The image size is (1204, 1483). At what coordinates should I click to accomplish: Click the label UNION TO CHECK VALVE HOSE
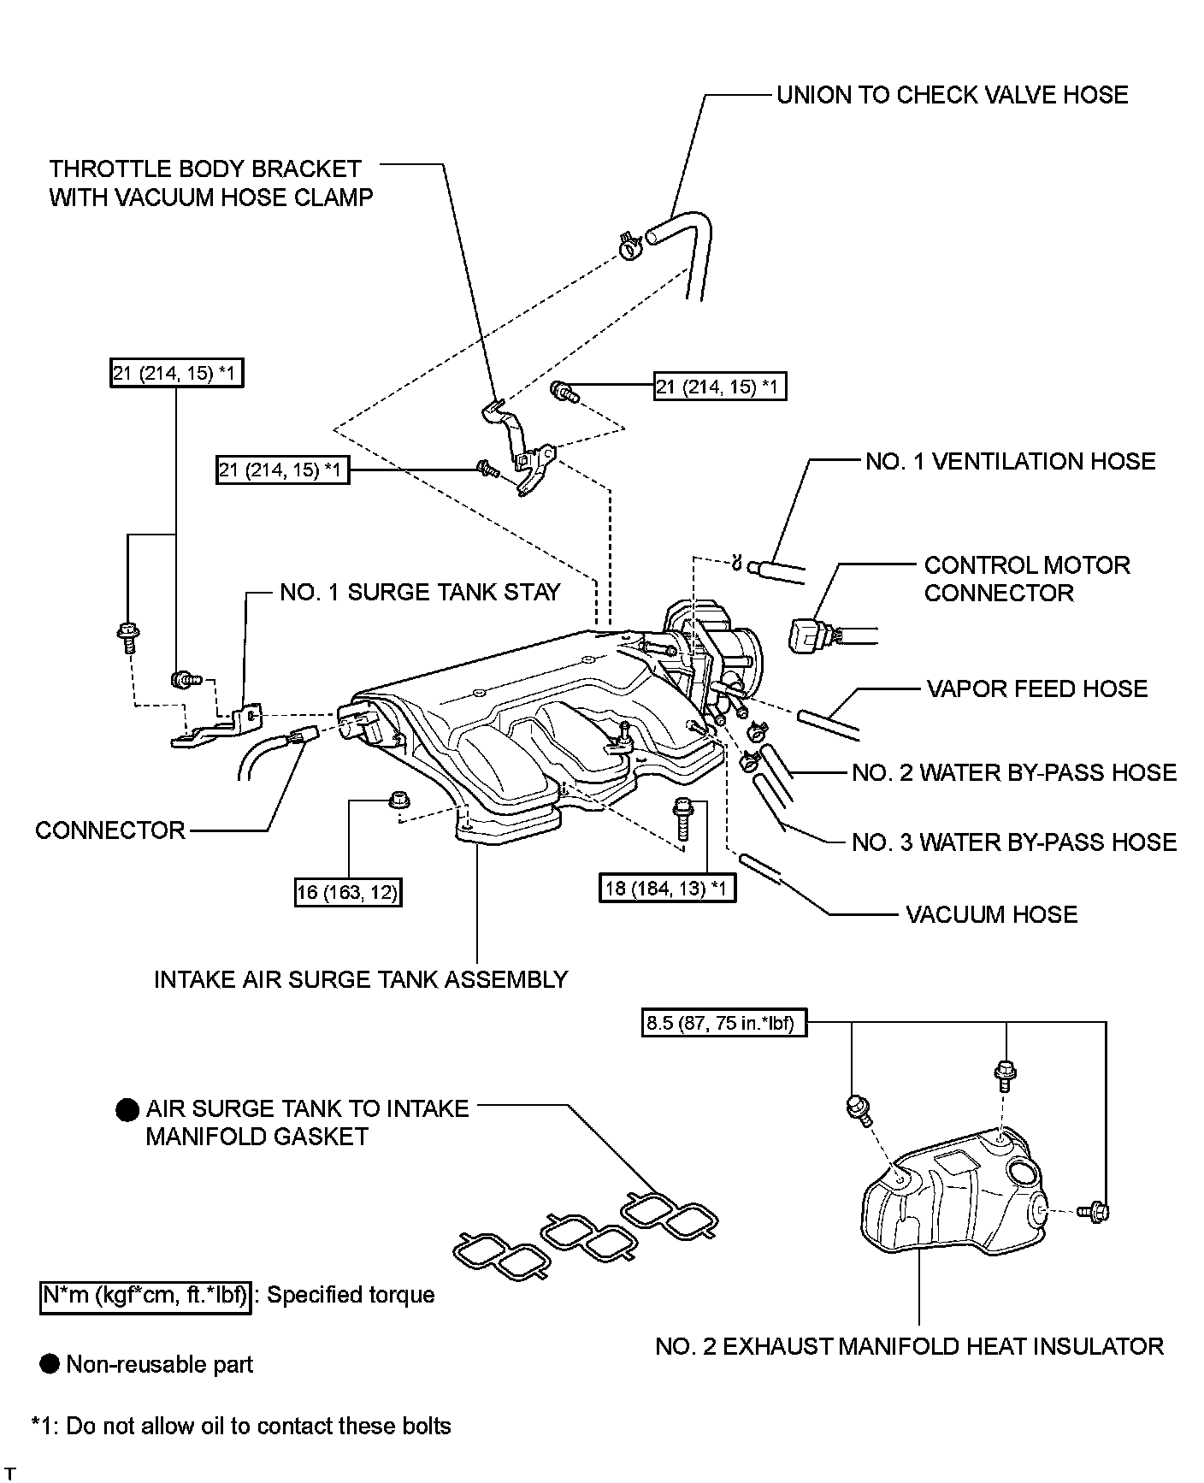tap(952, 94)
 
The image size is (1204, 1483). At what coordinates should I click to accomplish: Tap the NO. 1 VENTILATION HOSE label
tap(1010, 462)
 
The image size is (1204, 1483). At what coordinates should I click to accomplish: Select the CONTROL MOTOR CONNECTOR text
tap(1027, 579)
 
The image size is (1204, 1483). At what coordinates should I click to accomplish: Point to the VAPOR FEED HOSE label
tap(1036, 689)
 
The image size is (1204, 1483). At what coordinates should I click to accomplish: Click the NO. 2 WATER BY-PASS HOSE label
tap(1014, 773)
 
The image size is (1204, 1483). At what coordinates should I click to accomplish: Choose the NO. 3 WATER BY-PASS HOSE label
tap(1014, 842)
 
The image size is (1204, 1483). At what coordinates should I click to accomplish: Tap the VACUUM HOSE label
tap(991, 915)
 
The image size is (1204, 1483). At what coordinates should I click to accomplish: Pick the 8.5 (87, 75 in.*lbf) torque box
tap(723, 1023)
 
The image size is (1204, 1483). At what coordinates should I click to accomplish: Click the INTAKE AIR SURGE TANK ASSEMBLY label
tap(361, 979)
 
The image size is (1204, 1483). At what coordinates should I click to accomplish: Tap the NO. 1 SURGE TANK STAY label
tap(420, 592)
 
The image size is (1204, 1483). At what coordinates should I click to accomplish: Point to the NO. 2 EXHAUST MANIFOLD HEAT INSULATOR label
tap(909, 1346)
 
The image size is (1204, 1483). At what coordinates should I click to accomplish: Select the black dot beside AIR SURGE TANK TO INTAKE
tap(127, 1110)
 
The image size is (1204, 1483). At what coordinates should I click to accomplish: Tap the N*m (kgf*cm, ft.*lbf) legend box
tap(146, 1296)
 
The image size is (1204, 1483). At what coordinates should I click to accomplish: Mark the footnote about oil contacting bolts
tap(241, 1426)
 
